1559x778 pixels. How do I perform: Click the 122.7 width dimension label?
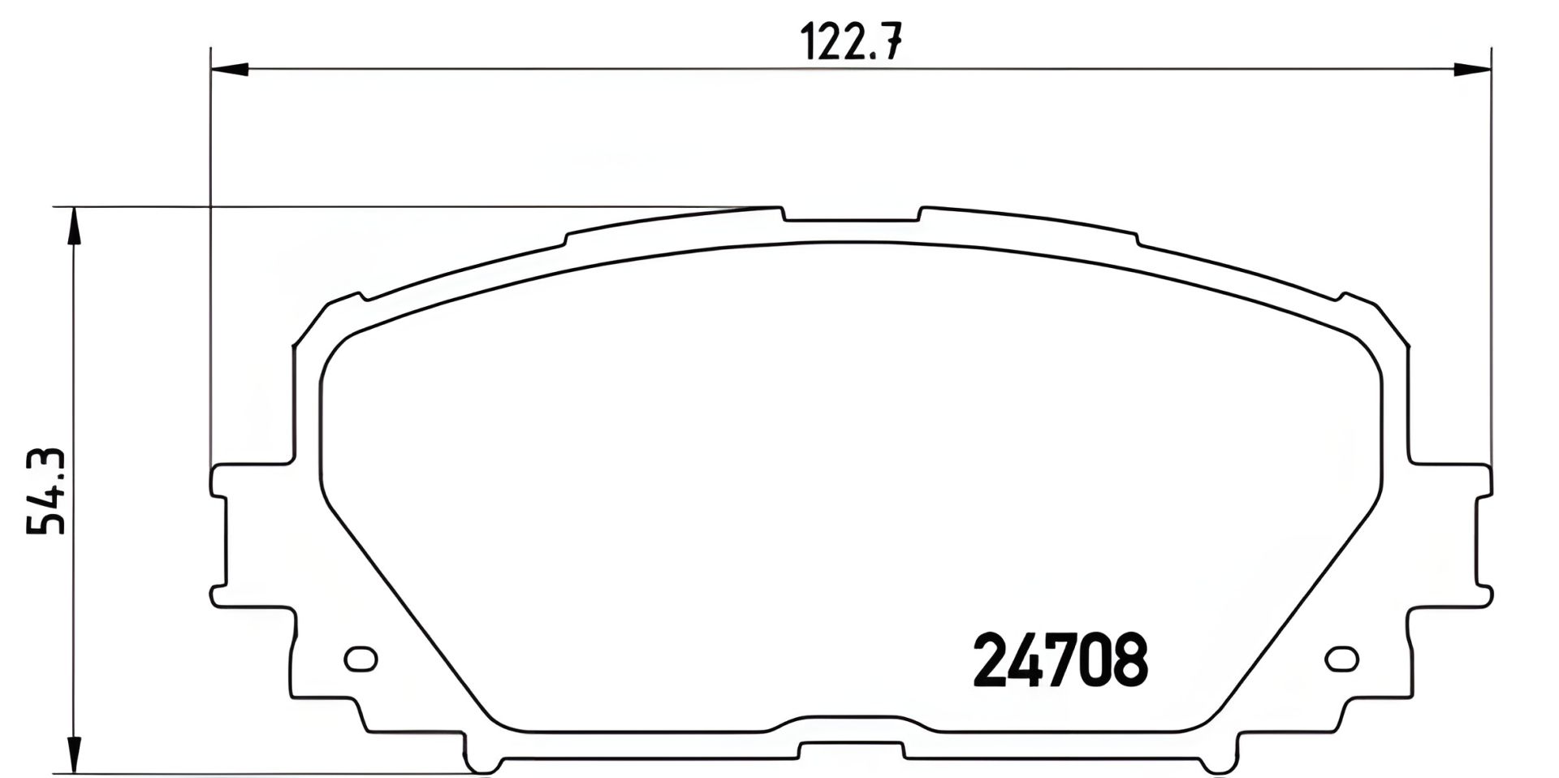pyautogui.click(x=850, y=42)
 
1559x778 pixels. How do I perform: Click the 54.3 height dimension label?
pyautogui.click(x=46, y=492)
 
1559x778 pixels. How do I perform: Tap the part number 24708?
pyautogui.click(x=1060, y=660)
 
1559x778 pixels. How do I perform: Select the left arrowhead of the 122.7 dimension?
pyautogui.click(x=228, y=71)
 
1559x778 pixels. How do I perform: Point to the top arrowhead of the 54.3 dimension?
pyautogui.click(x=74, y=226)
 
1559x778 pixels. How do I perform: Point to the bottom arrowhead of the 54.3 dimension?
pyautogui.click(x=74, y=754)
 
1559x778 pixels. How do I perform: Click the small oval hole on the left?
pyautogui.click(x=361, y=659)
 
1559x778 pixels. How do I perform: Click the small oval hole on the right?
pyautogui.click(x=1341, y=659)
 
